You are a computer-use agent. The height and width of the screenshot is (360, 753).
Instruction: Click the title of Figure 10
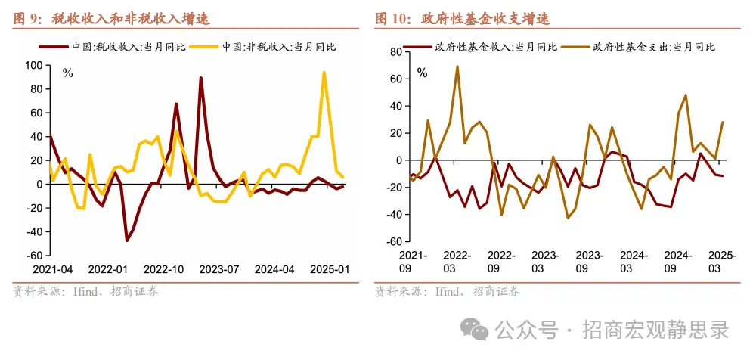462,18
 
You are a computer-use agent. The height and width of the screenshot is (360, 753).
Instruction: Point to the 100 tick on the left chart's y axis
33,65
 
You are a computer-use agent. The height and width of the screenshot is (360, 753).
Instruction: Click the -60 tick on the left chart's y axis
33,255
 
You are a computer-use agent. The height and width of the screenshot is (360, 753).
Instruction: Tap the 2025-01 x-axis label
331,269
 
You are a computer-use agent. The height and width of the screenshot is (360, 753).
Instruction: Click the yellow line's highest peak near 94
324,73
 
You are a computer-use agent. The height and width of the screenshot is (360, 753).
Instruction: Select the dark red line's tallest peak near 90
201,78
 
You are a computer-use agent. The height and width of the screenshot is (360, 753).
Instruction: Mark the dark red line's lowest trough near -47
127,241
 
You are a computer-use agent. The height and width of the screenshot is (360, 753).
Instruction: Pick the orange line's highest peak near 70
457,67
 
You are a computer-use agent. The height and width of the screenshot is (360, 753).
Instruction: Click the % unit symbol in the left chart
67,74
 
